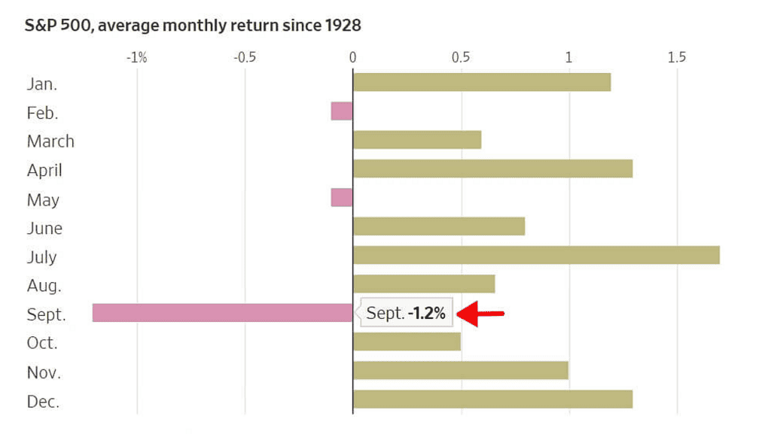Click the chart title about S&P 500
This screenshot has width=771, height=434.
[194, 26]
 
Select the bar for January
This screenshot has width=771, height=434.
[482, 82]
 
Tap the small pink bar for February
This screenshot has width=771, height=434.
[342, 111]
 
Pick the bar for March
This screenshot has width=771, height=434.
[417, 140]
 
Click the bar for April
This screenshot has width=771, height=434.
[492, 168]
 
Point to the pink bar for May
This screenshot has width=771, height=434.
[342, 198]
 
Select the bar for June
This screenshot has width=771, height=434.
[439, 226]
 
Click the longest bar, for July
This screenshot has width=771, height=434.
[536, 255]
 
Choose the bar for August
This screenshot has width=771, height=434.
[424, 284]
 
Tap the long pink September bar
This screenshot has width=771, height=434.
[223, 313]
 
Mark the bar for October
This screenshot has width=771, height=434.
[407, 341]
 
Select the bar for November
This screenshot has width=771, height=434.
[461, 371]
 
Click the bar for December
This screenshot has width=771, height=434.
[492, 399]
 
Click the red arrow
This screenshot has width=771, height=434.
[480, 314]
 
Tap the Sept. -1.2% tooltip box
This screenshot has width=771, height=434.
[407, 314]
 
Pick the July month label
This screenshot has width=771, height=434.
[42, 256]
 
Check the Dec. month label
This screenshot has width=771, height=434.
[43, 401]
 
